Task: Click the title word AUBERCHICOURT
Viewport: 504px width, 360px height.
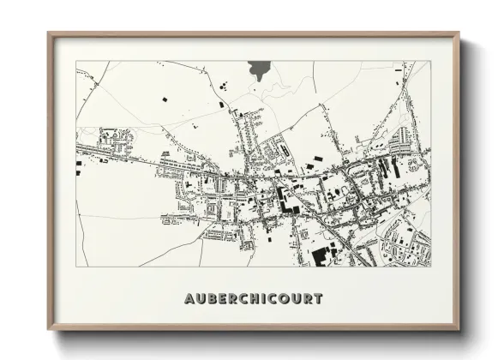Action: tap(253, 299)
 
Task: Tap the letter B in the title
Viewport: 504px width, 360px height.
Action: tap(210, 299)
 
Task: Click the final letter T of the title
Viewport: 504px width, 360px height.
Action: tap(318, 299)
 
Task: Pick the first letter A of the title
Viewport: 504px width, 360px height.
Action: tap(189, 299)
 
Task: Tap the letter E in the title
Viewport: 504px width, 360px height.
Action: tap(221, 299)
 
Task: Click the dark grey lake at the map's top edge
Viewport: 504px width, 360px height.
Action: tap(258, 70)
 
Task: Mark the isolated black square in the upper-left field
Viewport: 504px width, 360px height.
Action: tap(163, 100)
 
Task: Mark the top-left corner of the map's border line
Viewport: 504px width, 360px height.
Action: tap(76, 61)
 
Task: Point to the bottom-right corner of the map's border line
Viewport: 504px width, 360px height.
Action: tap(430, 267)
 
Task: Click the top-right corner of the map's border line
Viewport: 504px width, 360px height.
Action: tap(430, 61)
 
